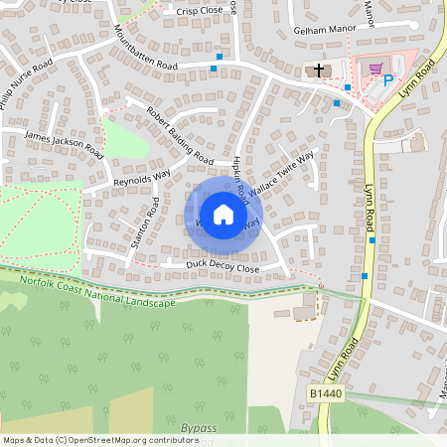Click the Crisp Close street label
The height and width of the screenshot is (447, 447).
[x=200, y=10]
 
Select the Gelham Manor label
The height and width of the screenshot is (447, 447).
[x=324, y=31]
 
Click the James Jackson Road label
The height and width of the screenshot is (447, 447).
[x=64, y=144]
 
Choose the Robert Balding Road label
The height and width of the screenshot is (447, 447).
[x=180, y=135]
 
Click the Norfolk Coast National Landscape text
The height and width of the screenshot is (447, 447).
[x=97, y=293]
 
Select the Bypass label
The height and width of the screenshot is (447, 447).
[x=199, y=428]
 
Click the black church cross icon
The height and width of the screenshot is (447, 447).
[x=319, y=71]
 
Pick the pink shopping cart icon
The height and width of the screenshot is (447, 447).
[x=374, y=69]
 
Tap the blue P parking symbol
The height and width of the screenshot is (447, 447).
[x=388, y=81]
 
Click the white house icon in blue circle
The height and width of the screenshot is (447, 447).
[x=223, y=215]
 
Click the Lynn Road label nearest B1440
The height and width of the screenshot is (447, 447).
[x=349, y=350]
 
